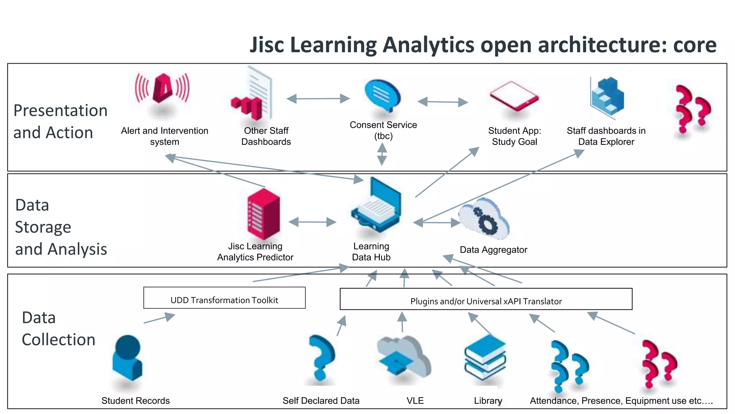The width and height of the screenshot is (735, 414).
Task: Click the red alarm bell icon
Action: (x=163, y=88)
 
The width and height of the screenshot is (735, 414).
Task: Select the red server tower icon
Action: (x=263, y=214)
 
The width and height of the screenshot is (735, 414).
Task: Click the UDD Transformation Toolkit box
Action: (x=224, y=298)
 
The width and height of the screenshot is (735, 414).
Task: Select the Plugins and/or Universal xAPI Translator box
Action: (x=486, y=299)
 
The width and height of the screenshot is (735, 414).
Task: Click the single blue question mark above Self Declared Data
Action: (x=322, y=358)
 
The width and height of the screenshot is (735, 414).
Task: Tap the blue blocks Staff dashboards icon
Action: (x=608, y=97)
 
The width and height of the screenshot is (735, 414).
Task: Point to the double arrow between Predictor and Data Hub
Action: (x=312, y=222)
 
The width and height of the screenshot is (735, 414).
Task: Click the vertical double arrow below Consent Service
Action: (x=382, y=154)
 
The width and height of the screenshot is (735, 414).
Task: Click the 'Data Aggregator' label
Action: (x=493, y=250)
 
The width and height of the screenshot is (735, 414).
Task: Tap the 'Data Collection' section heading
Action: (x=58, y=328)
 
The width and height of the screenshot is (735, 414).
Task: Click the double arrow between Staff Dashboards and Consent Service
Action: (x=318, y=98)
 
